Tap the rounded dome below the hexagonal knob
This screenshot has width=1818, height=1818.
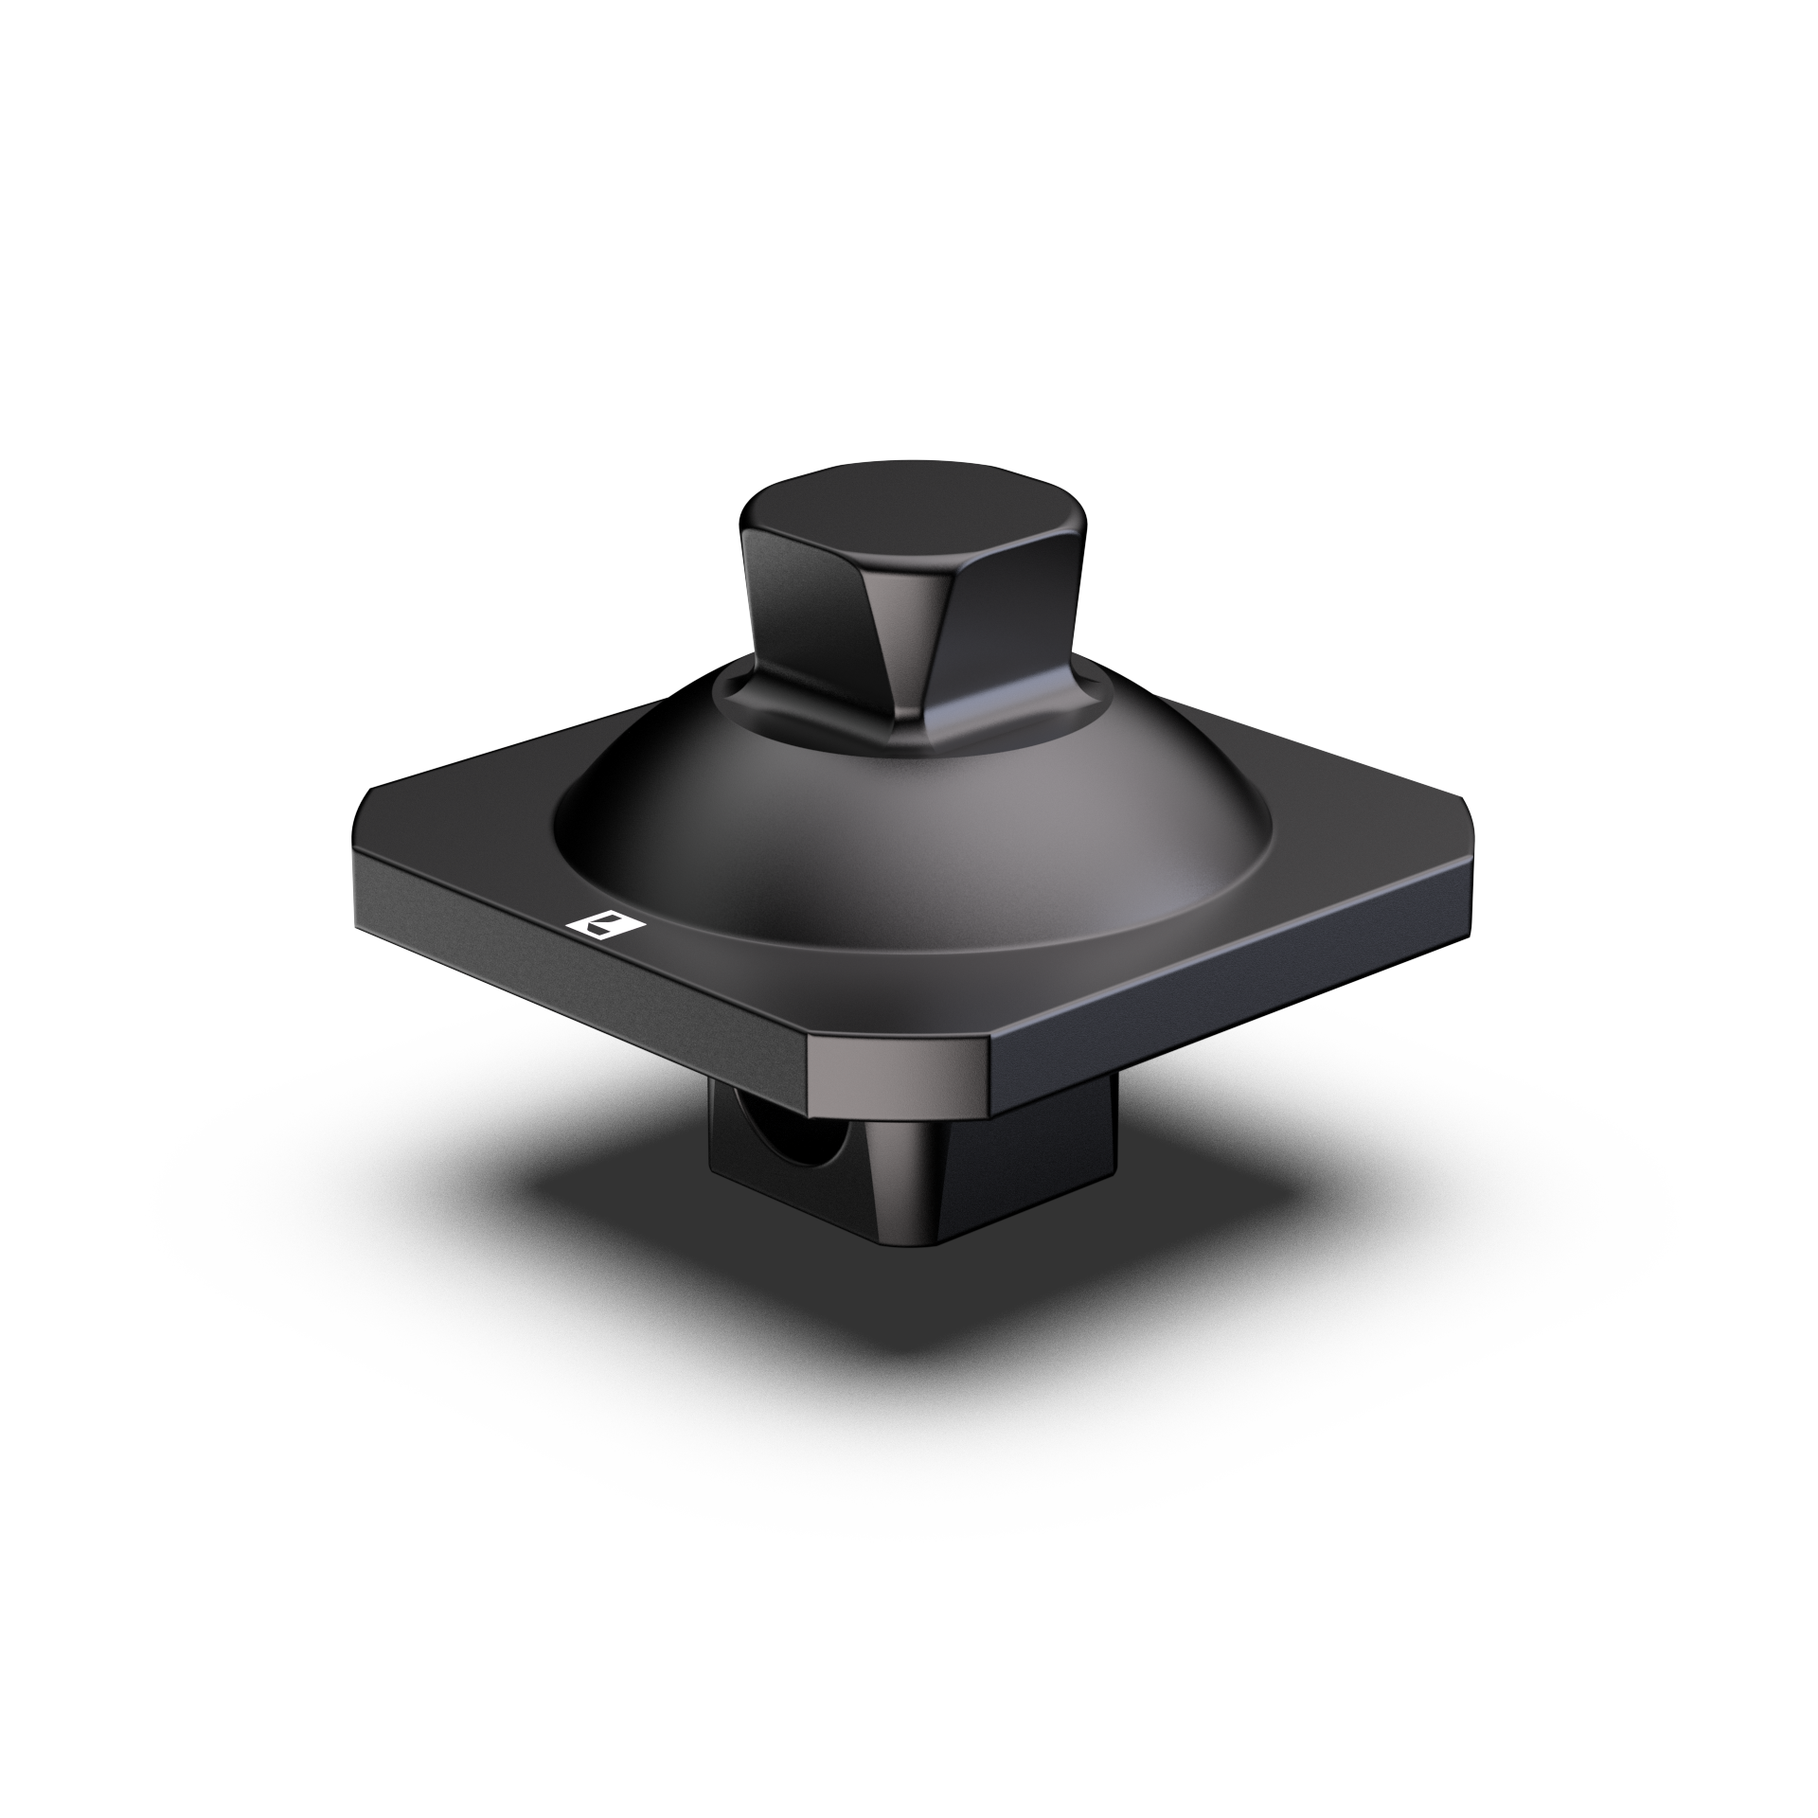909,833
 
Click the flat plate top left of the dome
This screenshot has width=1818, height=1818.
473,814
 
